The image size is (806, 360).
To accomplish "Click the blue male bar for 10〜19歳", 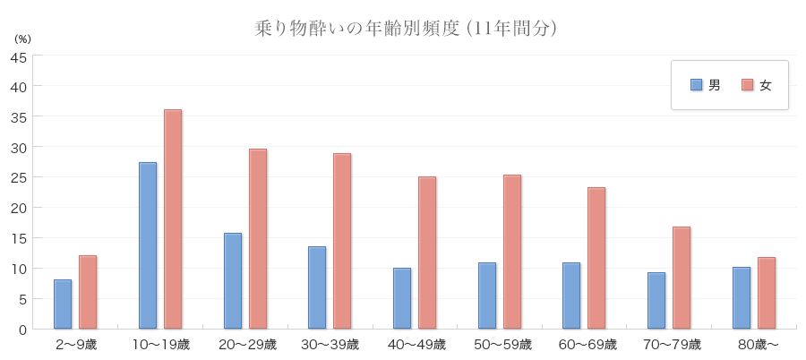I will [148, 245].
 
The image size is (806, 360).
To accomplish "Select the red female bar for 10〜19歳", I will [173, 219].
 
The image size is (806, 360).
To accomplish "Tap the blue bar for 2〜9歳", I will [63, 304].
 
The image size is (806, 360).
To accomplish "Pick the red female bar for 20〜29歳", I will [258, 239].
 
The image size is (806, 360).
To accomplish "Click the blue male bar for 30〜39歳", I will [317, 287].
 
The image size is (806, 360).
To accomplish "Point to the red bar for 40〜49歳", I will [427, 253].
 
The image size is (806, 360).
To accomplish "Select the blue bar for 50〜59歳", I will [487, 296].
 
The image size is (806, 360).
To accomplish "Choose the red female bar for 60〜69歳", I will [596, 258].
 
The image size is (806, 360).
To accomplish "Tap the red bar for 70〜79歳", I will [682, 278].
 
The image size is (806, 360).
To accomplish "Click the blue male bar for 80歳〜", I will [742, 297].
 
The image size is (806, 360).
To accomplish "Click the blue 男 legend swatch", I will [696, 85].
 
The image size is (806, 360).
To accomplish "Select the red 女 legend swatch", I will [748, 85].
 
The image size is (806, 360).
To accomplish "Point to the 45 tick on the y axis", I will [18, 56].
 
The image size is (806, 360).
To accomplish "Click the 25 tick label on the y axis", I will [18, 177].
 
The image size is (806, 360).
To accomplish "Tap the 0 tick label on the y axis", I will [21, 330].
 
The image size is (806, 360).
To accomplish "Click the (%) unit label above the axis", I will [22, 39].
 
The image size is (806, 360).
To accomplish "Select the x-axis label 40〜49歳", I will [415, 345].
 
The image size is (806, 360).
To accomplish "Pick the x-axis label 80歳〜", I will [754, 345].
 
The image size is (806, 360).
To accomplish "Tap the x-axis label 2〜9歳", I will [75, 345].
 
